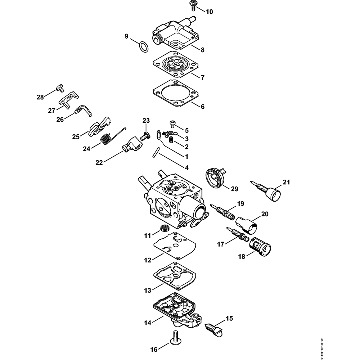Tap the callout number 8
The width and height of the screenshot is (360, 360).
coord(202,50)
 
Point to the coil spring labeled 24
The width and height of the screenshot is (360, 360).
coord(105,139)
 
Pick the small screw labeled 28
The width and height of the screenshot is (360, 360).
coord(59,87)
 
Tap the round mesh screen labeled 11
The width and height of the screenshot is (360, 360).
coord(164,228)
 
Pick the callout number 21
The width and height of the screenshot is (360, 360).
coord(286,182)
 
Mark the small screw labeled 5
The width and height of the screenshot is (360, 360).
coord(174,124)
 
